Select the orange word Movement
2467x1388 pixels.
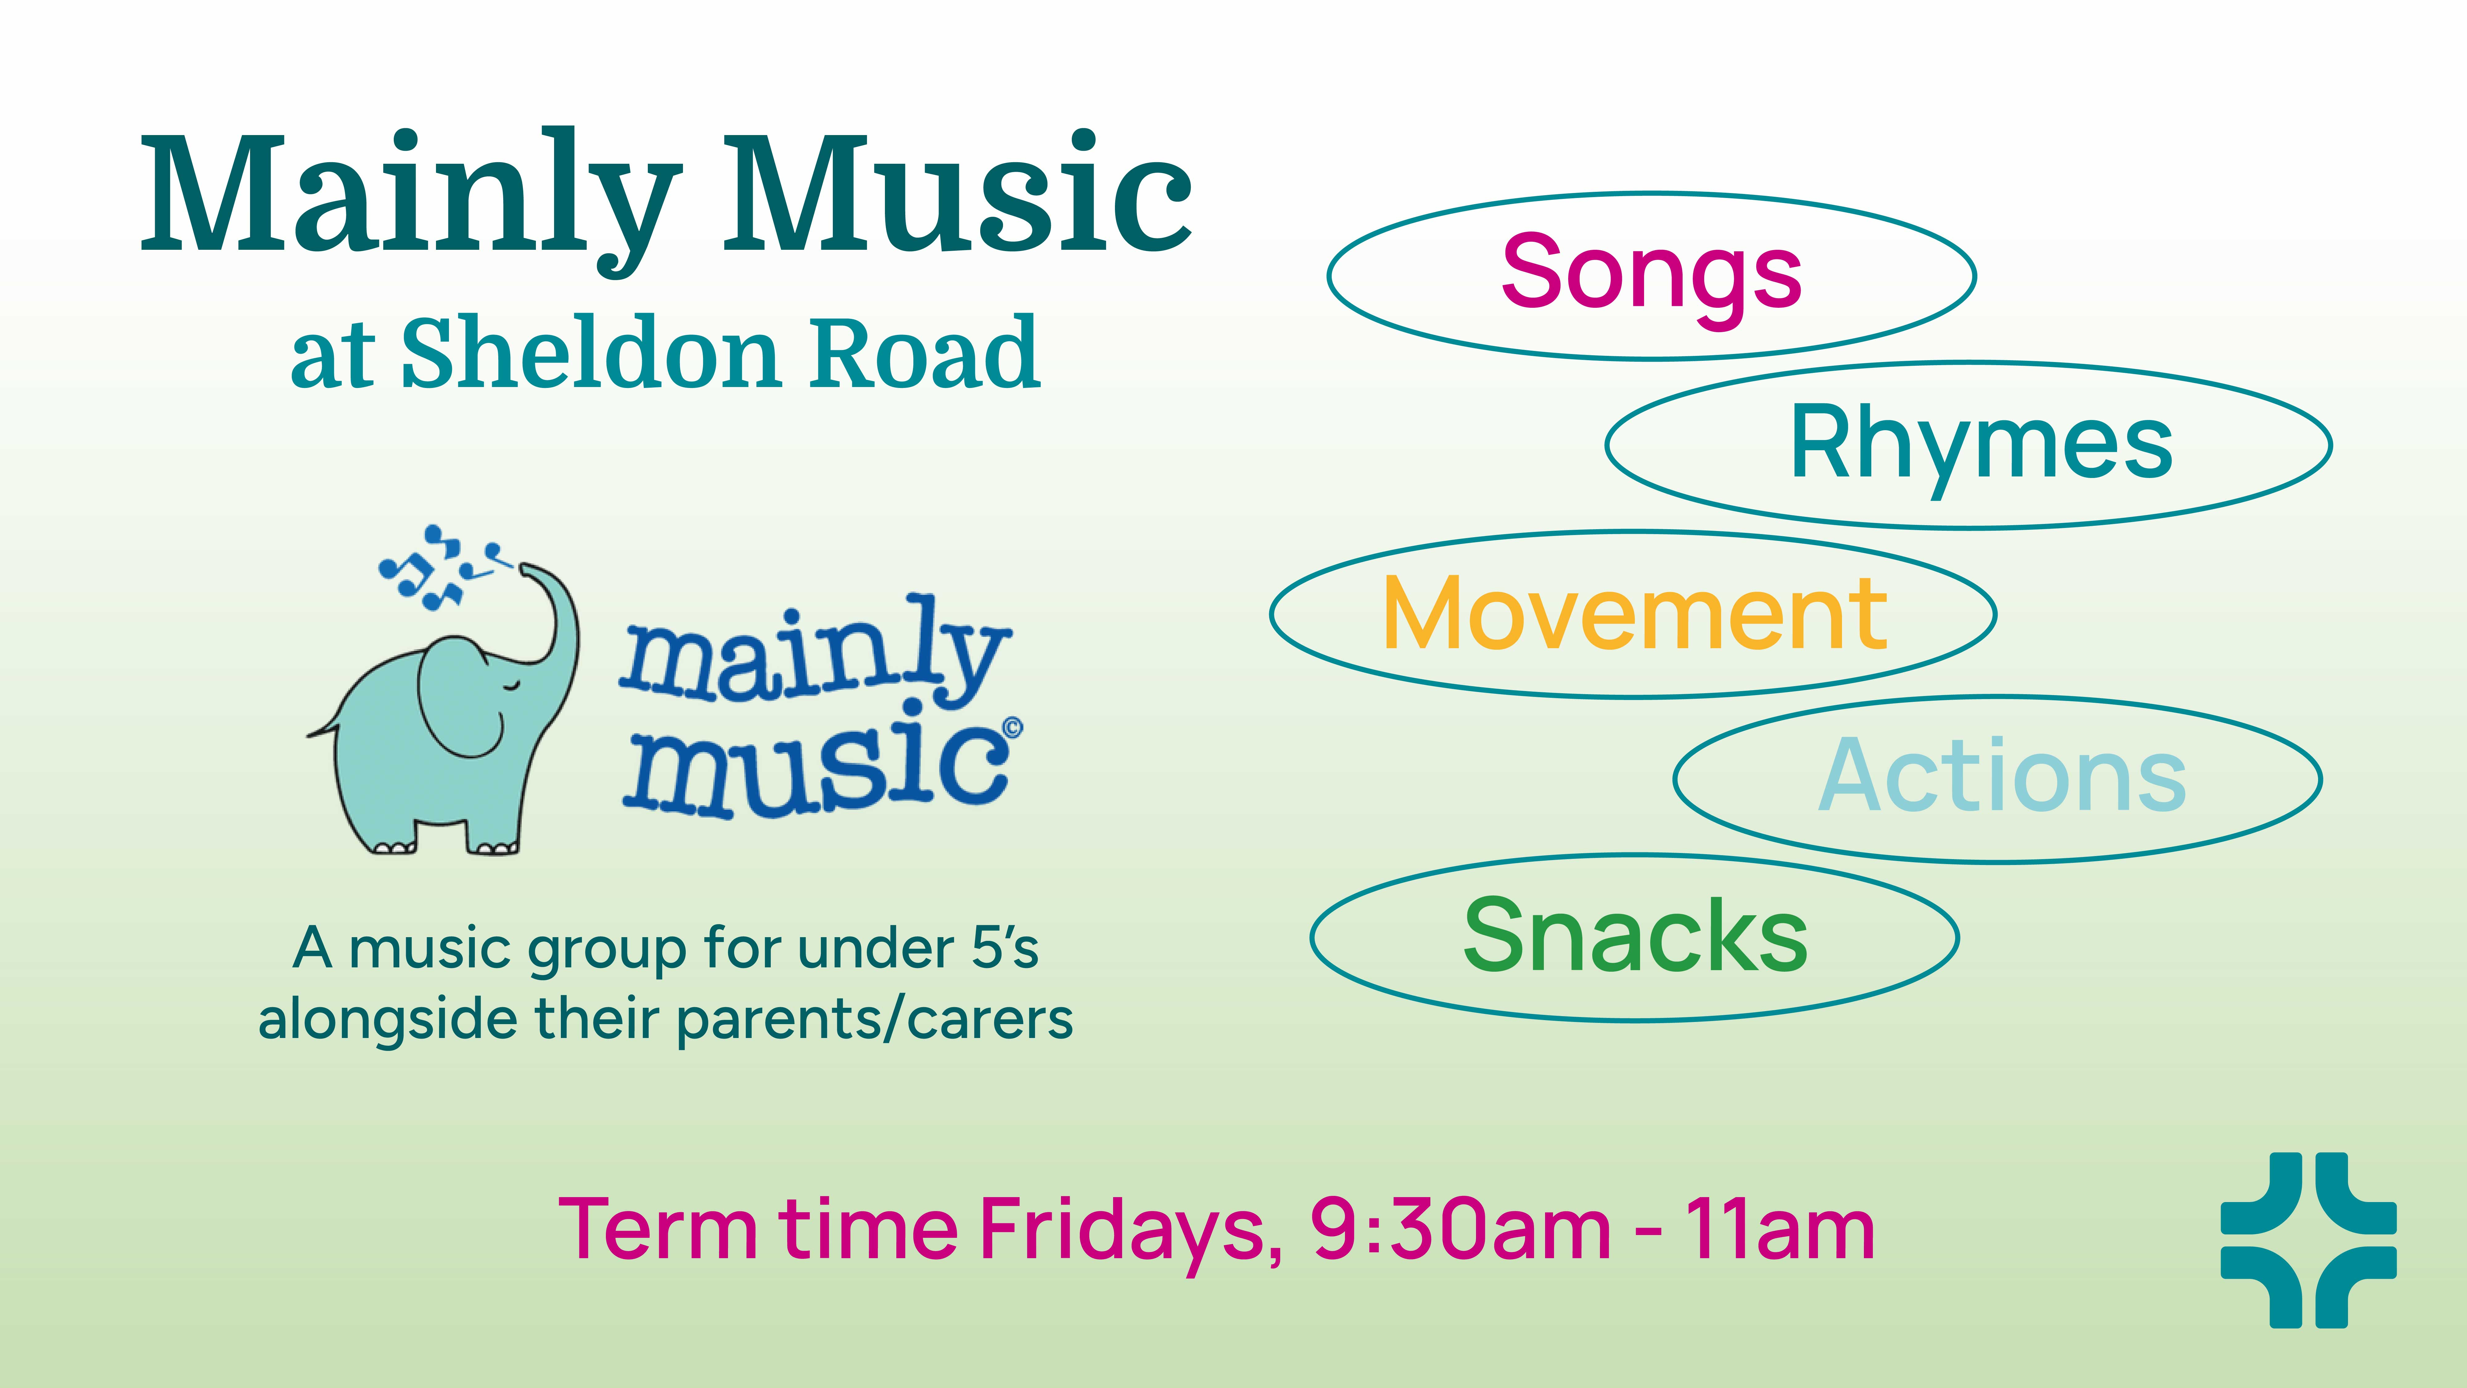[1635, 614]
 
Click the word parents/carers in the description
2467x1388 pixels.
[874, 1021]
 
